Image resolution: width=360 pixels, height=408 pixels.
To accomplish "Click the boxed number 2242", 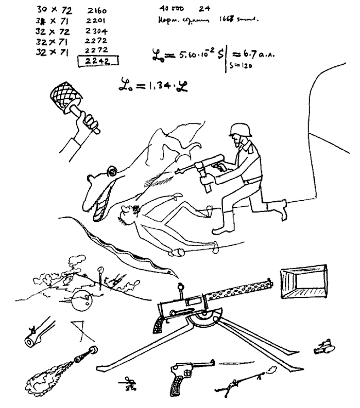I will pyautogui.click(x=97, y=60).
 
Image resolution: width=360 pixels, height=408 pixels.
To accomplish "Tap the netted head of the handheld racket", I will pyautogui.click(x=66, y=93).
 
